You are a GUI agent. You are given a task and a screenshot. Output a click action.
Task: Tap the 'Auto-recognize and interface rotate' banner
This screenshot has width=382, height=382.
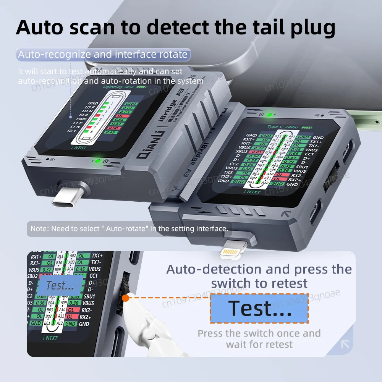tap(103, 55)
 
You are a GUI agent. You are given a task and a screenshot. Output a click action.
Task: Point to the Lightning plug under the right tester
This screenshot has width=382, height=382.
tap(235, 251)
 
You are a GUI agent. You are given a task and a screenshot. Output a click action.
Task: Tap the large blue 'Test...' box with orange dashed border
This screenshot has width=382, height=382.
tap(259, 309)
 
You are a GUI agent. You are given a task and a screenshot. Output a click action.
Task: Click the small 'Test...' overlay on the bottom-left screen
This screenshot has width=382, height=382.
tap(60, 285)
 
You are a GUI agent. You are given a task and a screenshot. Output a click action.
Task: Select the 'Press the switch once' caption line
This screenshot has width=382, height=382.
tap(259, 333)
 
